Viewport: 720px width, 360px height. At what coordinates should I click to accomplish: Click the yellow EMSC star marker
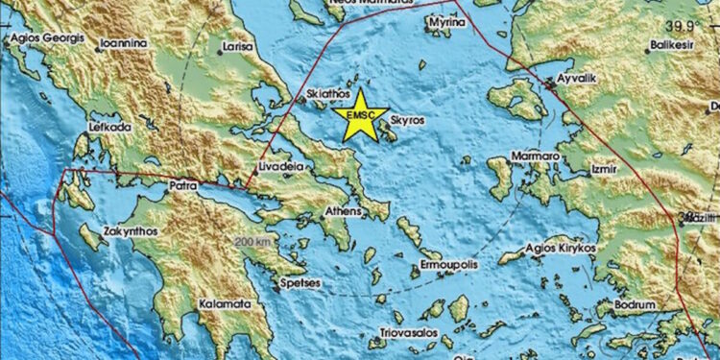(359, 115)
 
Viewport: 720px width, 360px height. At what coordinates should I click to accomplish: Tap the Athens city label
(344, 211)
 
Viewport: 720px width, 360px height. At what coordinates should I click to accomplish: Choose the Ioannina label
(122, 43)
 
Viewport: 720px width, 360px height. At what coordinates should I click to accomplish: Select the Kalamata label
(225, 304)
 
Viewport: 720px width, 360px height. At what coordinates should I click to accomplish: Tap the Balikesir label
(676, 43)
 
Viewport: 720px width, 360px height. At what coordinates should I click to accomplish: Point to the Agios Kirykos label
(562, 248)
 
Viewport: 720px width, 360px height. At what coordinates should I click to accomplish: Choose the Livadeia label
(280, 166)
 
